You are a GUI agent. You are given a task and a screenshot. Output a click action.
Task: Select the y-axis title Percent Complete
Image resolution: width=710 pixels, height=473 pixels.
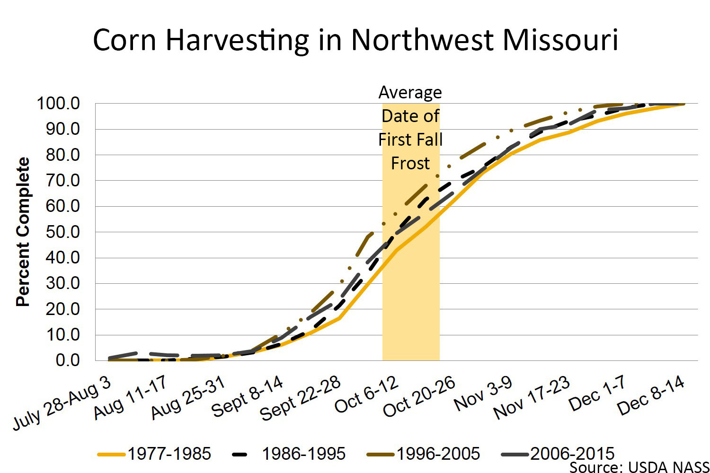(23, 232)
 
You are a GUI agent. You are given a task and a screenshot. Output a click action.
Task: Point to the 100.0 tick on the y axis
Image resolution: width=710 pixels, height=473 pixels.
(58, 103)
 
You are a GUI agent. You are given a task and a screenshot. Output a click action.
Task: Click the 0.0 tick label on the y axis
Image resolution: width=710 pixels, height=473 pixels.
(67, 360)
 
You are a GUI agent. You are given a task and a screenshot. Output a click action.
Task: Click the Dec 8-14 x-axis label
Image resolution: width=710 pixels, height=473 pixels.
(651, 395)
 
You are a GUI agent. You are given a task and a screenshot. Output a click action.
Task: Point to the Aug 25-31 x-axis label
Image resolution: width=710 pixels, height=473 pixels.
(188, 398)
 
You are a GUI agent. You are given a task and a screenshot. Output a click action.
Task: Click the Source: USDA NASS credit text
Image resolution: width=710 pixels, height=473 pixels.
(639, 467)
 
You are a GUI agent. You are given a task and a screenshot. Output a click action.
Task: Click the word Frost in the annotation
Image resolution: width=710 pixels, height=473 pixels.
(410, 163)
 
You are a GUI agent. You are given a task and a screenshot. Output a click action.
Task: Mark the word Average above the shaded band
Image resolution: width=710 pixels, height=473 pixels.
(410, 92)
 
